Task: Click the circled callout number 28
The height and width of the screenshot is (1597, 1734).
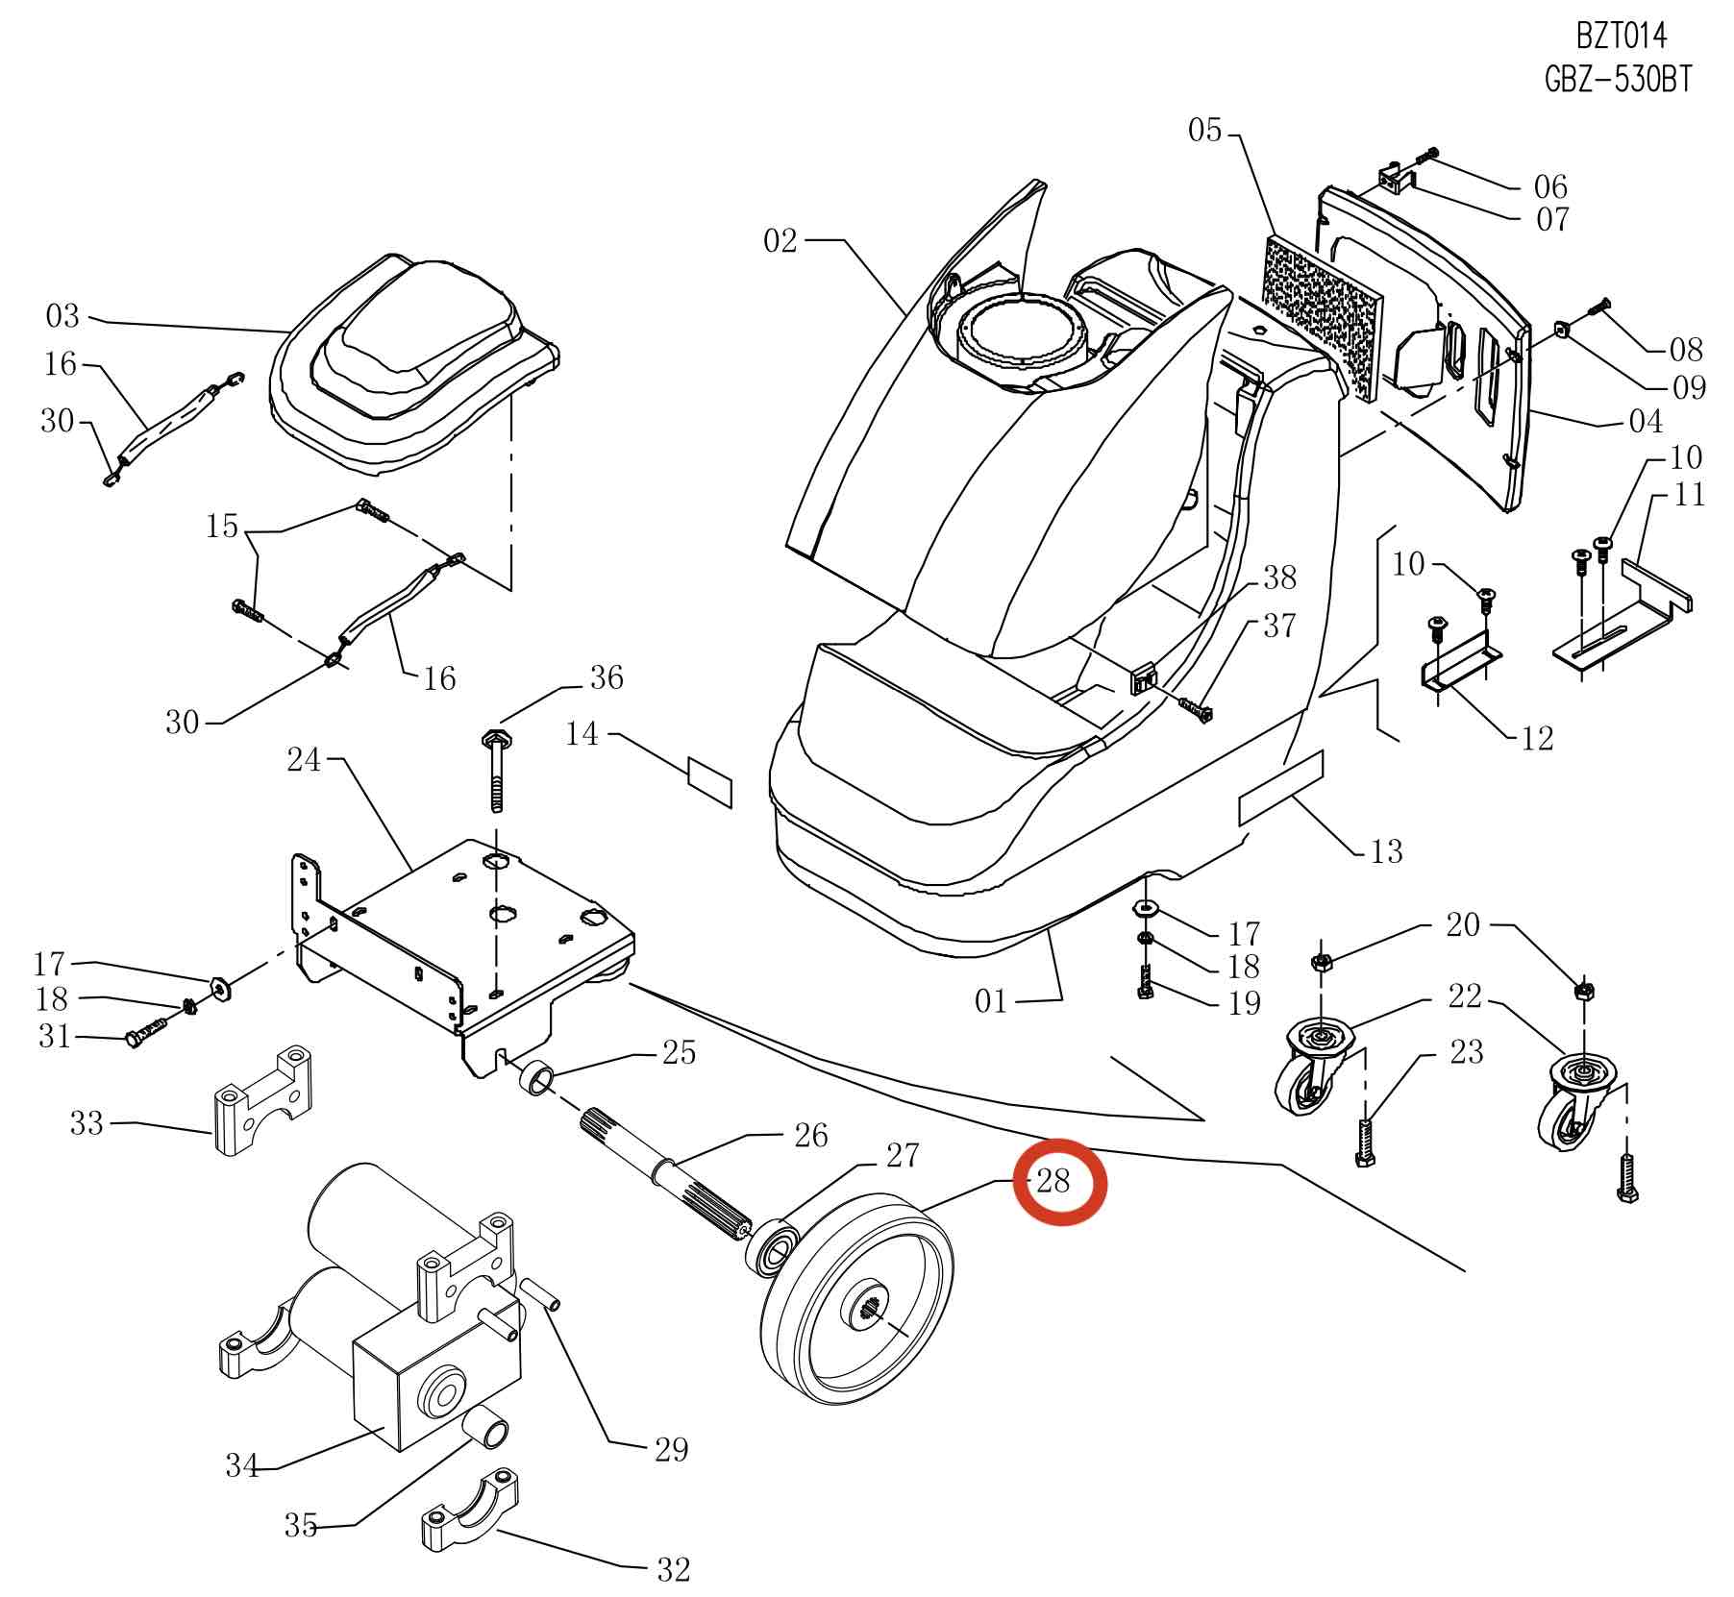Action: click(1053, 1181)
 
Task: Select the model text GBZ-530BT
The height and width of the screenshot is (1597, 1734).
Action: click(1618, 79)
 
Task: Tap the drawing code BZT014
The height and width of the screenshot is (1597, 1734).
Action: click(1621, 37)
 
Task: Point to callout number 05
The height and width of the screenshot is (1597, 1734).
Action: click(1204, 130)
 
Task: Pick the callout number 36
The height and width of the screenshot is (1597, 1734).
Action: click(606, 677)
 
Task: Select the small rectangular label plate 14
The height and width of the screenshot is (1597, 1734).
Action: click(710, 782)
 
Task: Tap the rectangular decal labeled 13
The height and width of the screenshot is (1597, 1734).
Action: click(1280, 787)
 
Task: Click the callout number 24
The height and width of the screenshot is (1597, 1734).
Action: click(304, 760)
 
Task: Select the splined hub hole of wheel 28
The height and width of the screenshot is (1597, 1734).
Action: click(866, 1309)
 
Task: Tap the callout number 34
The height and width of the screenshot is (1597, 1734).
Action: click(242, 1465)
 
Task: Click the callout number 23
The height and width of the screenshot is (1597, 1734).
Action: click(1466, 1052)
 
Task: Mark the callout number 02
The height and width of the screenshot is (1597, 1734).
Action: click(780, 240)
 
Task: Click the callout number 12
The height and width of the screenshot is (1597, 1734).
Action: click(1538, 738)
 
